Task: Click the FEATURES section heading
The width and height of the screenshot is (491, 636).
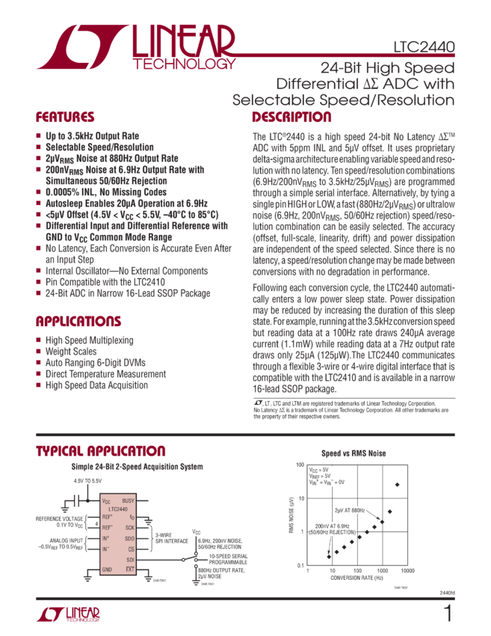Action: (x=66, y=117)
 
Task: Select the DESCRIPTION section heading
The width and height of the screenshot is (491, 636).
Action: (x=291, y=117)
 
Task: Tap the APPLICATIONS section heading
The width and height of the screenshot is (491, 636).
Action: (x=78, y=322)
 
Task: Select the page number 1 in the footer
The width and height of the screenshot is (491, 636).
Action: (x=448, y=614)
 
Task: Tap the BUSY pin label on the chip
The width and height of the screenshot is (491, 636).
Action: (x=128, y=501)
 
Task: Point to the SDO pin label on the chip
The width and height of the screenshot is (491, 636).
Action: (x=129, y=538)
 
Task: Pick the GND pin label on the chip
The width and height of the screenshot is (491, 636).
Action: (x=106, y=569)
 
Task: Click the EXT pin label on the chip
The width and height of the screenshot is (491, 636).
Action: (x=130, y=569)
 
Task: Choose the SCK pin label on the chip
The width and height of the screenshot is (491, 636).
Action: (x=129, y=528)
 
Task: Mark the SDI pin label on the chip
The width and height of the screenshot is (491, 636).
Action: (x=130, y=559)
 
